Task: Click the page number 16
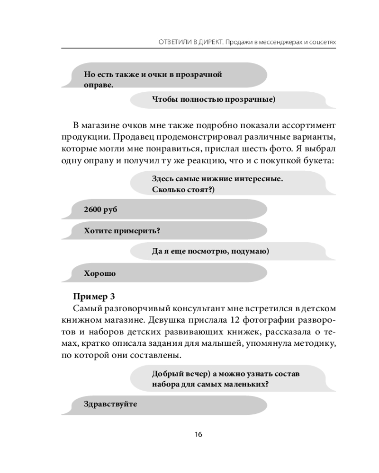(x=199, y=434)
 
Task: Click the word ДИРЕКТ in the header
(x=202, y=42)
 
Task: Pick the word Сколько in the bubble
(x=169, y=190)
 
